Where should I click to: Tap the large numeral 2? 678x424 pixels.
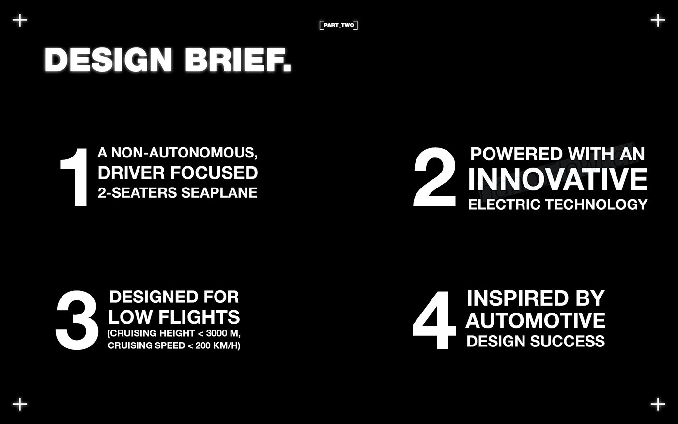434,177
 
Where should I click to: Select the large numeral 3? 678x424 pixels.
77,320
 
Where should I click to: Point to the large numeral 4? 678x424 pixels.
434,320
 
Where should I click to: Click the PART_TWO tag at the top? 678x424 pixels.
339,25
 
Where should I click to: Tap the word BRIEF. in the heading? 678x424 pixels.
238,61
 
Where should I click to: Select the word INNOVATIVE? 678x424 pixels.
557,179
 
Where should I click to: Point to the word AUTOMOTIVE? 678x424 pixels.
535,320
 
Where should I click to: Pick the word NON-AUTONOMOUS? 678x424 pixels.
185,153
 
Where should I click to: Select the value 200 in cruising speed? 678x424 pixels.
202,345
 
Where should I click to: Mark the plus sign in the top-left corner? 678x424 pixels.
20,20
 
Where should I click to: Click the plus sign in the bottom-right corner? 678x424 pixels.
658,404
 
